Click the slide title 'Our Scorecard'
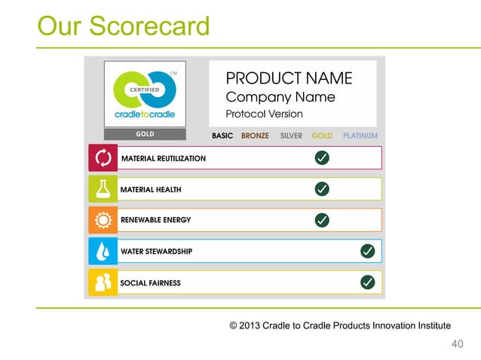[124, 26]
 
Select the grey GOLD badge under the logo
[145, 134]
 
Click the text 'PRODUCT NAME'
[289, 78]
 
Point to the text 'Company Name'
[280, 97]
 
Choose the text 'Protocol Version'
[264, 114]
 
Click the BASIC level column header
[222, 136]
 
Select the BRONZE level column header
[255, 136]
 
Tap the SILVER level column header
[291, 136]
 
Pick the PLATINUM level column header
[360, 136]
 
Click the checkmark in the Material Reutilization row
[321, 157]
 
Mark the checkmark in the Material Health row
[321, 188]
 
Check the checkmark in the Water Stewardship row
[368, 251]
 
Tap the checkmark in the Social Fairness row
[368, 282]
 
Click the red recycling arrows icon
[103, 158]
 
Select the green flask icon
[103, 189]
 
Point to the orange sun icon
[103, 220]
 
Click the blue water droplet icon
[103, 251]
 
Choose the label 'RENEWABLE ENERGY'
[155, 220]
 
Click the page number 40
[456, 344]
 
